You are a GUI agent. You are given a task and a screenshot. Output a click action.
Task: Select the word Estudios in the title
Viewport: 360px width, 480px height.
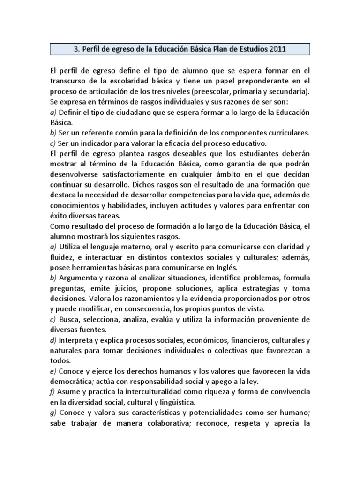[251, 49]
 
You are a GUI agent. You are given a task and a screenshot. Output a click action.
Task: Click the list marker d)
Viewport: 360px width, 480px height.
[53, 340]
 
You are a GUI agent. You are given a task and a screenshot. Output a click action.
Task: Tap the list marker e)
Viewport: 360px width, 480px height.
[52, 371]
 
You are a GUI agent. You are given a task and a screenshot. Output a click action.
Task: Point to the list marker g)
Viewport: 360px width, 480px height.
[53, 412]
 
